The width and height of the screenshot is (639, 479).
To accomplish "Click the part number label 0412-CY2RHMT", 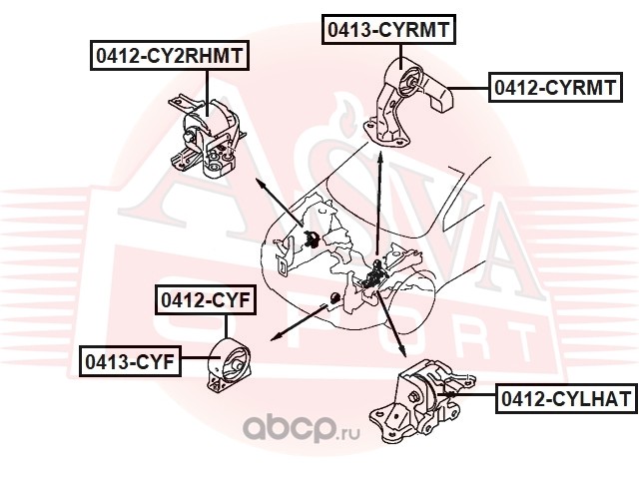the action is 169,56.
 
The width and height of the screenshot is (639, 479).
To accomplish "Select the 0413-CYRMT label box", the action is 388,29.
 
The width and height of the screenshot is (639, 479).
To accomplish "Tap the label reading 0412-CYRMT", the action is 555,87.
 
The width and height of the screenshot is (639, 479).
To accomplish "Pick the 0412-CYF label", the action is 206,300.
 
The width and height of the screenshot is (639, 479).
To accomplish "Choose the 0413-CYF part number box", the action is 130,361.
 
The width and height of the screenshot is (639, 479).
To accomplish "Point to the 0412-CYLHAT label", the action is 566,398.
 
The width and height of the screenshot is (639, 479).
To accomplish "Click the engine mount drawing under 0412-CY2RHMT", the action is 206,137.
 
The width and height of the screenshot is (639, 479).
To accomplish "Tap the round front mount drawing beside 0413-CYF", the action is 229,364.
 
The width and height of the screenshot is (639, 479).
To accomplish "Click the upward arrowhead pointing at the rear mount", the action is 380,158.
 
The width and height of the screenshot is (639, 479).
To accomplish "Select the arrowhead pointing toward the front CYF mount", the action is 277,336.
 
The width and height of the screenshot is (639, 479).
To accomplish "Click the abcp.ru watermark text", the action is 302,429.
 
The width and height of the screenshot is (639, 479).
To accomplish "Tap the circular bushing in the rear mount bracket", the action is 409,82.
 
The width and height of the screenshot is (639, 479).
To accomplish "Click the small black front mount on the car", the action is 334,297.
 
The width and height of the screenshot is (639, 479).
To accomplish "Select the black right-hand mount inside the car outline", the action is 312,239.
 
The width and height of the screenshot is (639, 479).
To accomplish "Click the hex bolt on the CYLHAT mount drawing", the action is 413,396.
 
